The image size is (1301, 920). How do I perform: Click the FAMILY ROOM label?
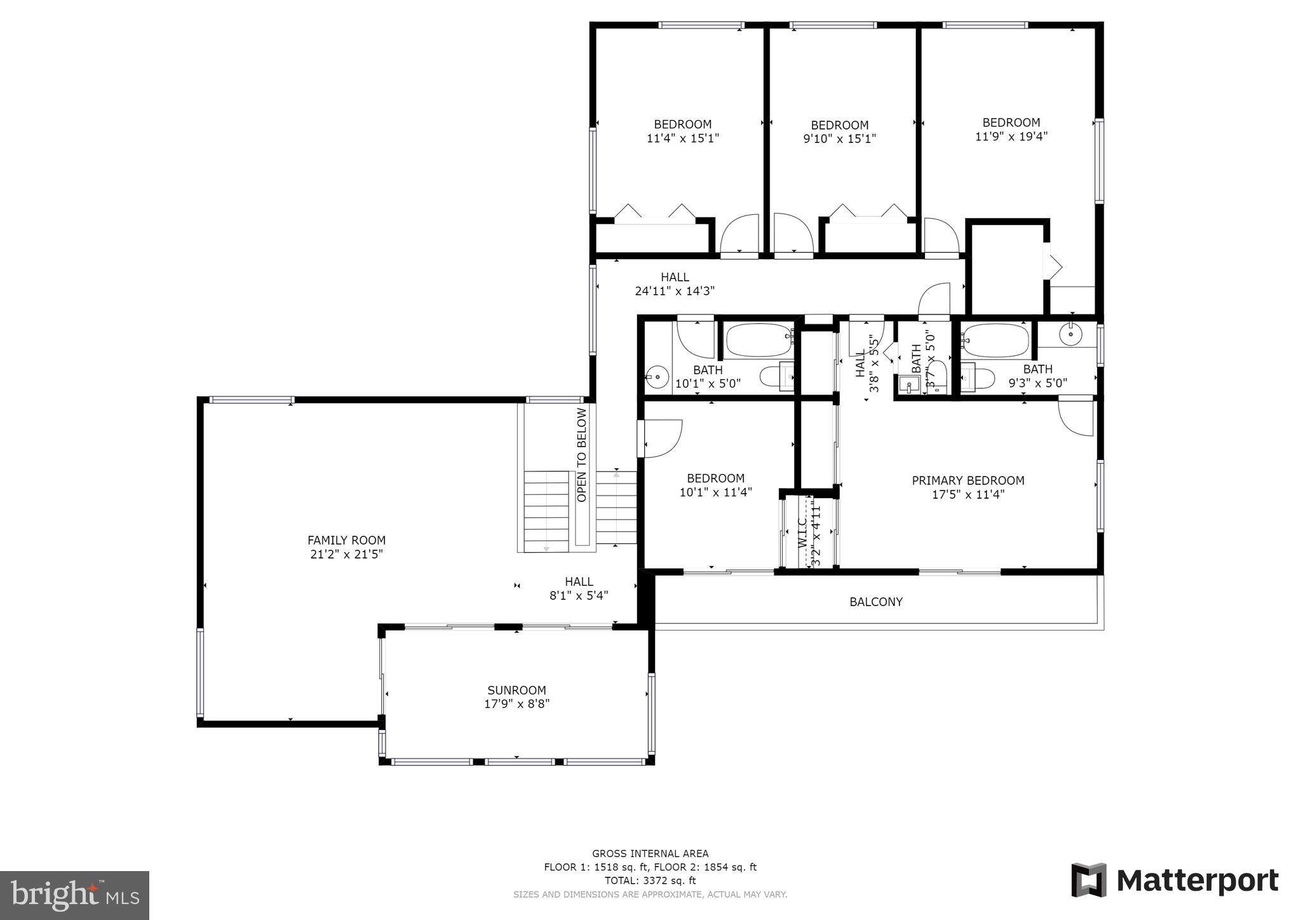[x=346, y=540]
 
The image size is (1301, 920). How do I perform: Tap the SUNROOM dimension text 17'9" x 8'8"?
[x=516, y=704]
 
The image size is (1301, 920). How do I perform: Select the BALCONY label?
[x=876, y=602]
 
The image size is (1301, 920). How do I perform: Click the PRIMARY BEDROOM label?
[x=967, y=480]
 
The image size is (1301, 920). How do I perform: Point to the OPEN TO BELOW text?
[x=582, y=455]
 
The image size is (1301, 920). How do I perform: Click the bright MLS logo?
[x=74, y=895]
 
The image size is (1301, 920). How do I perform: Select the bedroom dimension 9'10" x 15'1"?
[x=839, y=139]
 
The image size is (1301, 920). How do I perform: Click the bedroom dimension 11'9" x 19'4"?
[x=1011, y=136]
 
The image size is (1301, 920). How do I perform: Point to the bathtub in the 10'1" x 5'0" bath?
[x=758, y=341]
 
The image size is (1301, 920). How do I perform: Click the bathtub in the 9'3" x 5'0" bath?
[x=995, y=341]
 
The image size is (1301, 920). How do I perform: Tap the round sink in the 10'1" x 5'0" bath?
[x=657, y=377]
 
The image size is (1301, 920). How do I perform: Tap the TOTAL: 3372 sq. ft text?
[x=650, y=881]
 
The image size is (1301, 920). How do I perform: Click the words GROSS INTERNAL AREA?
[x=650, y=853]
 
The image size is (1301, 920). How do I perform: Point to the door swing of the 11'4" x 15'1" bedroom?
[x=740, y=234]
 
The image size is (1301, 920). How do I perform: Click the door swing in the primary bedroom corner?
[x=1075, y=417]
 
